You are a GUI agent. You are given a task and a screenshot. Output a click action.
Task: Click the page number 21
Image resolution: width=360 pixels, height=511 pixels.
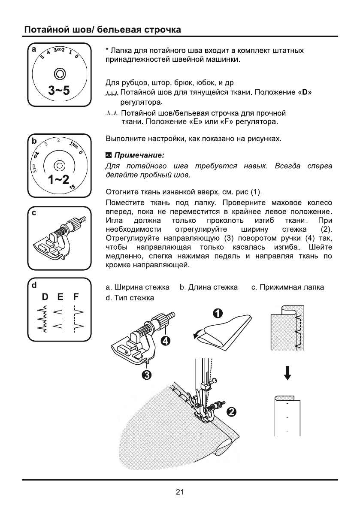click(180, 492)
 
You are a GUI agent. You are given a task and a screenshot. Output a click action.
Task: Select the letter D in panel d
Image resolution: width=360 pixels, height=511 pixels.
click(45, 297)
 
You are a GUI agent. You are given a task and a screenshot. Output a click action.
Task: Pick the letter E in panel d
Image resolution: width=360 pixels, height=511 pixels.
click(60, 297)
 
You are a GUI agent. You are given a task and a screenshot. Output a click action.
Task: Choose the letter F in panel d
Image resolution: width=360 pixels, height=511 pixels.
click(76, 297)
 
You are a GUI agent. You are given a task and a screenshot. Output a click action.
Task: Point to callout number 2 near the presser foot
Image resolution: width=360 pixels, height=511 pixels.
click(230, 412)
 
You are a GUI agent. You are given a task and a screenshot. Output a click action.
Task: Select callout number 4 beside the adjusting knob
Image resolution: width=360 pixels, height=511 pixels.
click(165, 342)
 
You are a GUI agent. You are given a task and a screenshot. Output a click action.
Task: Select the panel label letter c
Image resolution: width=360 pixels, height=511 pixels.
click(31, 213)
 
